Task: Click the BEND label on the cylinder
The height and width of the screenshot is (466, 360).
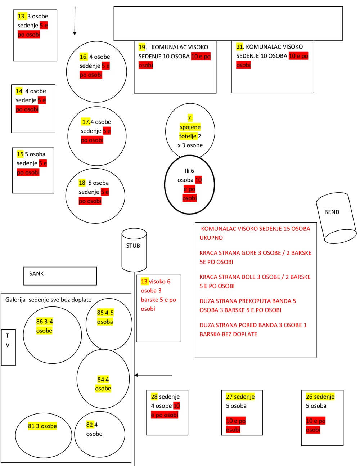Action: coord(332,212)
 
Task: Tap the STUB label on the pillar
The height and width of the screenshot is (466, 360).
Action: coord(133,246)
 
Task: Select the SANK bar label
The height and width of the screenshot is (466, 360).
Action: coord(36,274)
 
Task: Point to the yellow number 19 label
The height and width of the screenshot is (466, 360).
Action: coord(142,47)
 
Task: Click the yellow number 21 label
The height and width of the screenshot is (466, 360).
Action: coord(240,47)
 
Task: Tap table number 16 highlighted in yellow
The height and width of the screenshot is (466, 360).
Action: coord(84,57)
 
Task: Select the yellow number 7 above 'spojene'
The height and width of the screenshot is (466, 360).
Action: coord(190,118)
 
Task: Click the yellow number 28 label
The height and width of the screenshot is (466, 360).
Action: coord(154,396)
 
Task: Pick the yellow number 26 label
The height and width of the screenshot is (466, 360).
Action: coord(309,396)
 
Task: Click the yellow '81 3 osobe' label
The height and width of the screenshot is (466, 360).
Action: coord(42,426)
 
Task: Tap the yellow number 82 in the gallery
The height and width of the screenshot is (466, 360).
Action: coord(90,425)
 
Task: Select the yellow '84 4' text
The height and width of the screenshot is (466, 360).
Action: coord(103,380)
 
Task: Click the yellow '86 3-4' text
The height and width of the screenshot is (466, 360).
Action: coord(45,322)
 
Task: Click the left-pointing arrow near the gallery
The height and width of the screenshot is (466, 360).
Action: coord(153,375)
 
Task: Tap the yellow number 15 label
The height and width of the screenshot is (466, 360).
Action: coord(20,154)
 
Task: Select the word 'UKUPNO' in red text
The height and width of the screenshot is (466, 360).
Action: coord(211,238)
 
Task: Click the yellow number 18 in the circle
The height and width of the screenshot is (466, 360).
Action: coord(82,183)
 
